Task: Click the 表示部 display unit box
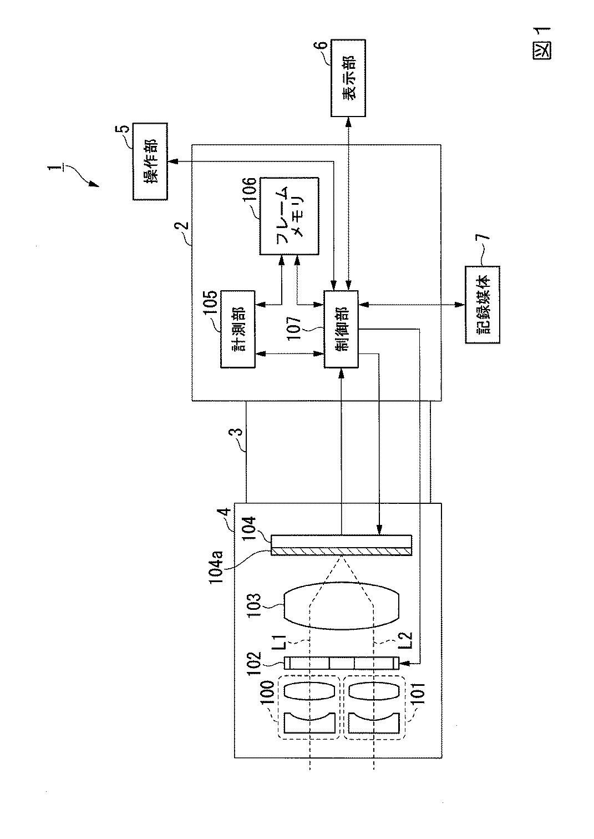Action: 348,78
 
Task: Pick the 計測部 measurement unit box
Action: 238,329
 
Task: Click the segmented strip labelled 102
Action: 341,663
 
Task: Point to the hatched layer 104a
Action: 341,551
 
